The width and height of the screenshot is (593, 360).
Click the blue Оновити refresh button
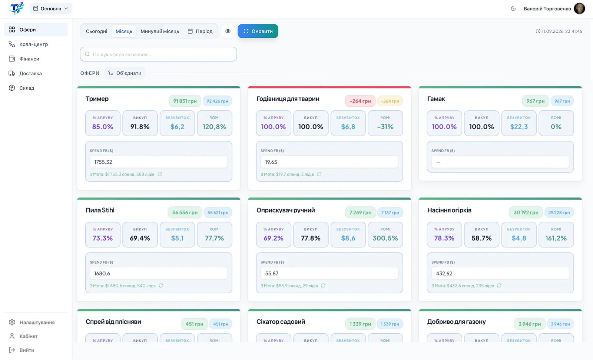pyautogui.click(x=258, y=31)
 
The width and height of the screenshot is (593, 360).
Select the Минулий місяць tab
pyautogui.click(x=160, y=31)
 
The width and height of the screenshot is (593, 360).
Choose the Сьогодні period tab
pyautogui.click(x=96, y=31)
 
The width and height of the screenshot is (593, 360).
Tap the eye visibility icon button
pyautogui.click(x=228, y=31)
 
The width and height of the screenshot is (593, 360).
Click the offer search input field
pyautogui.click(x=158, y=54)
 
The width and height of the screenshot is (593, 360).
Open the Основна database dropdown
pyautogui.click(x=51, y=9)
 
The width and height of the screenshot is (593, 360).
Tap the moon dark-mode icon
pyautogui.click(x=513, y=9)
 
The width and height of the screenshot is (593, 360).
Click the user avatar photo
pyautogui.click(x=580, y=9)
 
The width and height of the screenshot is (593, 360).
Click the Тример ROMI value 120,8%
pyautogui.click(x=215, y=127)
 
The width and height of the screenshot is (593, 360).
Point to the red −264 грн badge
pyautogui.click(x=360, y=101)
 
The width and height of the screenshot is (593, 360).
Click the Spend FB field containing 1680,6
pyautogui.click(x=159, y=273)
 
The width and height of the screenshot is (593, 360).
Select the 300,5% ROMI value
pyautogui.click(x=385, y=238)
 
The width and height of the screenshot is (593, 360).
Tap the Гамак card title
pyautogui.click(x=436, y=99)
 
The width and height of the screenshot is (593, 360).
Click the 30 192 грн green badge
pyautogui.click(x=526, y=212)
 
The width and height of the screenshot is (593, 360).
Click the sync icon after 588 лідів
pyautogui.click(x=160, y=174)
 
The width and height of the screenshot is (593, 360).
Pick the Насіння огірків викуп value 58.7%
pyautogui.click(x=481, y=238)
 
